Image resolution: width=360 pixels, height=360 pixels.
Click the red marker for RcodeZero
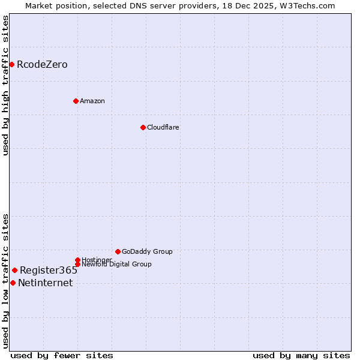(x=11, y=64)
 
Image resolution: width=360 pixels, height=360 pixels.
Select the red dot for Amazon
(x=76, y=101)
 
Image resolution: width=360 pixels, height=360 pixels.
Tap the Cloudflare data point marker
(x=143, y=127)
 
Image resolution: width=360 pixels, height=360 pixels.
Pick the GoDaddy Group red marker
(x=118, y=251)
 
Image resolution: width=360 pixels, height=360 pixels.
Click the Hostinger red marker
(x=77, y=260)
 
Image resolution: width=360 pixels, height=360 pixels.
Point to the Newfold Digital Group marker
(x=77, y=264)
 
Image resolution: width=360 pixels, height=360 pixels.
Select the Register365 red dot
(x=14, y=270)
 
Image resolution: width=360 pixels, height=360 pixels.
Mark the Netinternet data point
(x=13, y=283)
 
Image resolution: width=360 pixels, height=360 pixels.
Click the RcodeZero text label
(x=42, y=65)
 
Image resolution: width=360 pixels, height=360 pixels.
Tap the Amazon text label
(x=92, y=101)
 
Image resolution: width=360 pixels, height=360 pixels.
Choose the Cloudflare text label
(x=163, y=127)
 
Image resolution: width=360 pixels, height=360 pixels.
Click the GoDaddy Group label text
(x=147, y=251)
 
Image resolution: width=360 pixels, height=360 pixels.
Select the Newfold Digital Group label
(x=116, y=264)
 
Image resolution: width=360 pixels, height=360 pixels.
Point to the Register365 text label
(x=49, y=271)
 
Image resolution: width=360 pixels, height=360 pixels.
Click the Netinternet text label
(x=46, y=283)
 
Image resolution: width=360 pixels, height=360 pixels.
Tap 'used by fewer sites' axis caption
(x=62, y=355)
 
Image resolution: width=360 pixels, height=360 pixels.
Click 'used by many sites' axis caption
(x=301, y=355)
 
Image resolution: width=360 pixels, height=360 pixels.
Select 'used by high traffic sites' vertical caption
(x=6, y=85)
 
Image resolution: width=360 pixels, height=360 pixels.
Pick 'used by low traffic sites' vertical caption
(x=6, y=280)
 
